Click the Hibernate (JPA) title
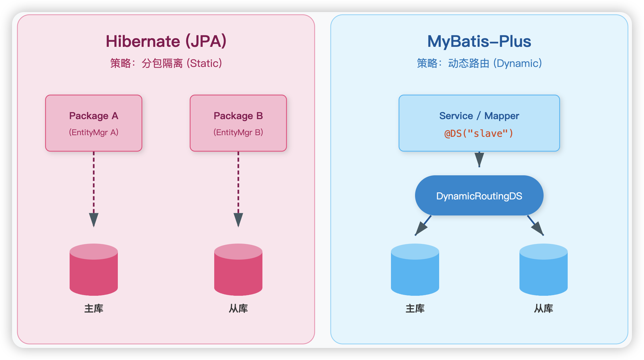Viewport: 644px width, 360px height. [166, 41]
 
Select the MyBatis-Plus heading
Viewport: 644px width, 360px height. [479, 41]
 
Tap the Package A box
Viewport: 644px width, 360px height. [94, 123]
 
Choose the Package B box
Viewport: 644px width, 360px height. [238, 123]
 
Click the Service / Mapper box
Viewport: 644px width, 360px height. [479, 123]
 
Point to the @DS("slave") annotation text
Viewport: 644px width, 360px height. [479, 133]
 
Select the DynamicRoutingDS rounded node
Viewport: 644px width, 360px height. [479, 195]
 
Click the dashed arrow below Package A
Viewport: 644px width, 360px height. [94, 189]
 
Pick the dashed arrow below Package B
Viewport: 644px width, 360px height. [238, 189]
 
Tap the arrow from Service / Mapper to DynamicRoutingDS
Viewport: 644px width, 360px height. [479, 160]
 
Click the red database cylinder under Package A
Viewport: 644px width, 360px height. [94, 270]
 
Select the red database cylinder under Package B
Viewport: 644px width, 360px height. [238, 270]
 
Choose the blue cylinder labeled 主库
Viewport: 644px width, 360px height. [415, 270]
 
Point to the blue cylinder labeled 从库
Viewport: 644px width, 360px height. [544, 270]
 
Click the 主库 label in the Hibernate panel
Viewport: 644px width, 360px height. [94, 308]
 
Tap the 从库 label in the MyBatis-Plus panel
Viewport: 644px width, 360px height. [544, 308]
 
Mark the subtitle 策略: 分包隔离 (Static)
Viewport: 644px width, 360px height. [166, 63]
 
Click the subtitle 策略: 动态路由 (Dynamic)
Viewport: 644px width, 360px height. [479, 63]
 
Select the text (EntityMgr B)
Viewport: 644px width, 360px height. [238, 132]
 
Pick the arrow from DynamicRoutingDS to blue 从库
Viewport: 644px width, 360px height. [536, 226]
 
